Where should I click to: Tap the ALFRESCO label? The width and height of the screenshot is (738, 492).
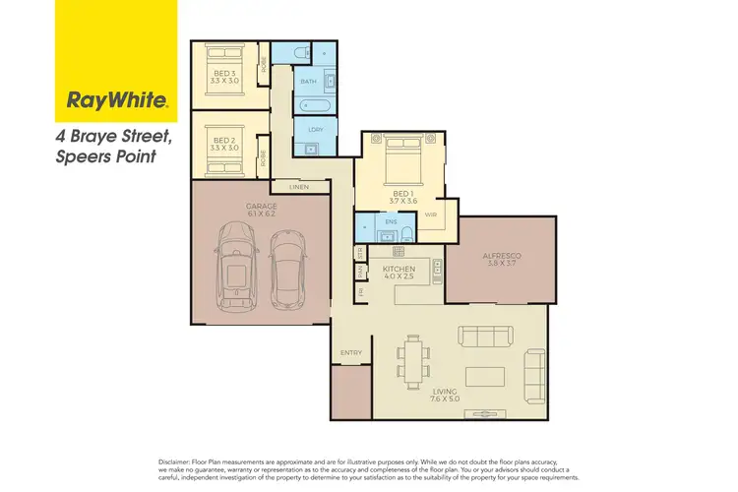(x=502, y=256)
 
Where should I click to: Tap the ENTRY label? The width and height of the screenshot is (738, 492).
(x=350, y=352)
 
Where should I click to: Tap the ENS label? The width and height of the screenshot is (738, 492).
(x=390, y=222)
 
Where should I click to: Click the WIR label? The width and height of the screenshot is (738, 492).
(x=430, y=214)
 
